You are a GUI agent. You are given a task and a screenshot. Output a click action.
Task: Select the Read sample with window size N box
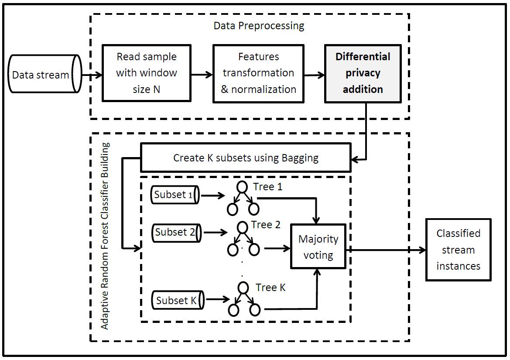147,73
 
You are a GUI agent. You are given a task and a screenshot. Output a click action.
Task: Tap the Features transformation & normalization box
258,73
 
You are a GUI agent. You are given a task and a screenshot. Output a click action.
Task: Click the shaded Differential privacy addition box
363,73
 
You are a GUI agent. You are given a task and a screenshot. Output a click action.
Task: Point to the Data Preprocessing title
259,25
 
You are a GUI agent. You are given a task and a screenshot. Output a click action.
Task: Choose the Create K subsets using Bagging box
246,158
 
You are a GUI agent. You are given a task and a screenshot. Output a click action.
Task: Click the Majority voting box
318,247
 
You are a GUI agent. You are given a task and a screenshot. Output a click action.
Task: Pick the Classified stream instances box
458,250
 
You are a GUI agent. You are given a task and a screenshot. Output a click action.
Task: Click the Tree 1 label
268,187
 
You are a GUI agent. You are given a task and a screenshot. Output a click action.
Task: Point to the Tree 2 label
266,225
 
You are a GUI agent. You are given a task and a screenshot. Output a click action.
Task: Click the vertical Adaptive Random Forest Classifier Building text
105,236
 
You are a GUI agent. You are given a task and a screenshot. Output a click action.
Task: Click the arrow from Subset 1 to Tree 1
212,196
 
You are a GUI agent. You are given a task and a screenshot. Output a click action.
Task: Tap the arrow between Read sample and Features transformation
202,75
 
